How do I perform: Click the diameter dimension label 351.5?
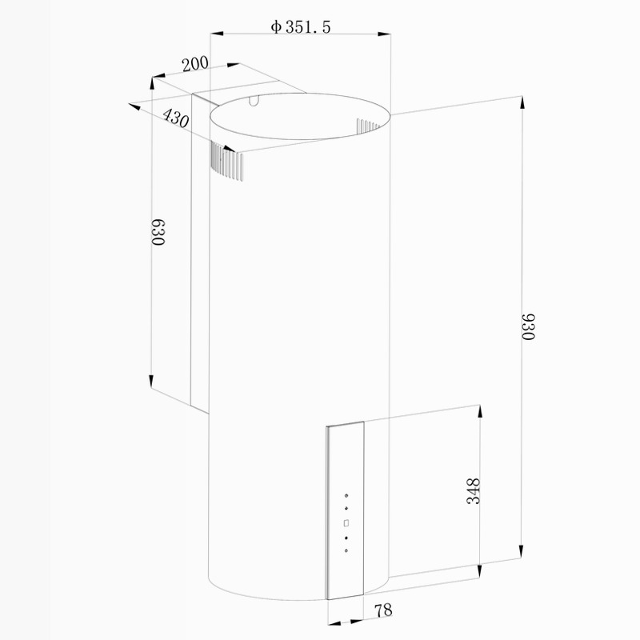307,27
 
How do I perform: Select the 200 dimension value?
195,64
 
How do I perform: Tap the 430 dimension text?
176,118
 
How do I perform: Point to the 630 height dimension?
158,232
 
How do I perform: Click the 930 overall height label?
528,326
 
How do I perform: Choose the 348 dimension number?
474,491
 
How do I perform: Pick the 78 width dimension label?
383,610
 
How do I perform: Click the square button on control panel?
346,523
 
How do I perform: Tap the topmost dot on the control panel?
346,496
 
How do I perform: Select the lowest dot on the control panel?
346,550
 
